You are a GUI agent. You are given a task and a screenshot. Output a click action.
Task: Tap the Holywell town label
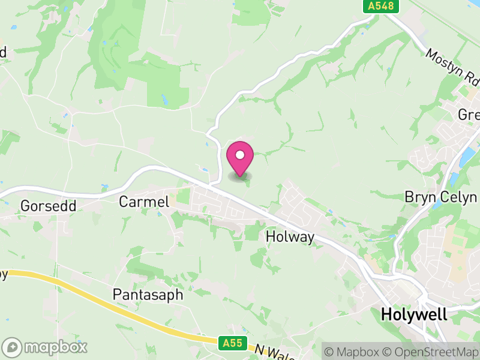[414, 314]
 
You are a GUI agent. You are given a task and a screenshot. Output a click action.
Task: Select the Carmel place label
[144, 202]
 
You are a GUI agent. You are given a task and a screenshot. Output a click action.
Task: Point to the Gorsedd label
[48, 206]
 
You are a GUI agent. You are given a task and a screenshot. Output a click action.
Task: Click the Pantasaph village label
[148, 295]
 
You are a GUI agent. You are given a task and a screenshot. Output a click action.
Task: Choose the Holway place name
[290, 237]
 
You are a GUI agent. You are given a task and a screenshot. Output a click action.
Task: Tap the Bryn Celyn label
[440, 197]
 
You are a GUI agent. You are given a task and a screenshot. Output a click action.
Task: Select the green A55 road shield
[232, 343]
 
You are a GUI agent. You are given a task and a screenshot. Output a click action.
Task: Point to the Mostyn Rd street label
[454, 67]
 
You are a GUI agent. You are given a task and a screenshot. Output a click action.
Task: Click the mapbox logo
[45, 347]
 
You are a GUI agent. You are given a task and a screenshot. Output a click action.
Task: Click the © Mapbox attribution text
[354, 351]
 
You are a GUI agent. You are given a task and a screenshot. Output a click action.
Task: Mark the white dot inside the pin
[240, 155]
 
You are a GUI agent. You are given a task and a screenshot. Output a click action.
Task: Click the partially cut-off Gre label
[469, 114]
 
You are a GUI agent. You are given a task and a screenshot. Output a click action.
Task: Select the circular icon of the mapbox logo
[12, 347]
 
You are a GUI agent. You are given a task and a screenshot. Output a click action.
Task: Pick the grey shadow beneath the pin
[240, 176]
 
